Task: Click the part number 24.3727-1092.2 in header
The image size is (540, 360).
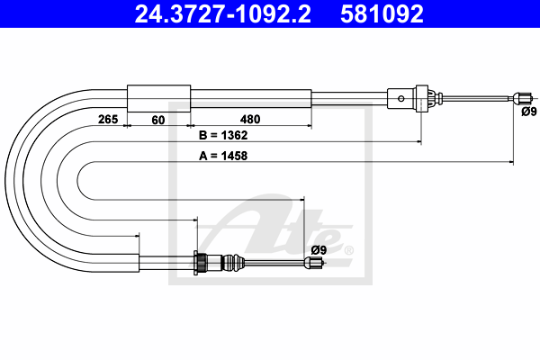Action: click(223, 13)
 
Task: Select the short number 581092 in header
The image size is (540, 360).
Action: click(382, 13)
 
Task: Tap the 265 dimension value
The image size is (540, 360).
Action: click(108, 119)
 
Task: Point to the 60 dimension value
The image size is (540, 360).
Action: click(158, 120)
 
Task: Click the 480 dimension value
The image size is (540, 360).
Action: click(250, 119)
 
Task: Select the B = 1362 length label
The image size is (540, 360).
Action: click(223, 135)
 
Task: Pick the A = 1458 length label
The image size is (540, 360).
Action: click(223, 156)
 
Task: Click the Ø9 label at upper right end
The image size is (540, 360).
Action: click(529, 112)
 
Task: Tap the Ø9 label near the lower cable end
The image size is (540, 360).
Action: click(319, 250)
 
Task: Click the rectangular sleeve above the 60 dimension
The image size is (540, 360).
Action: click(158, 98)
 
